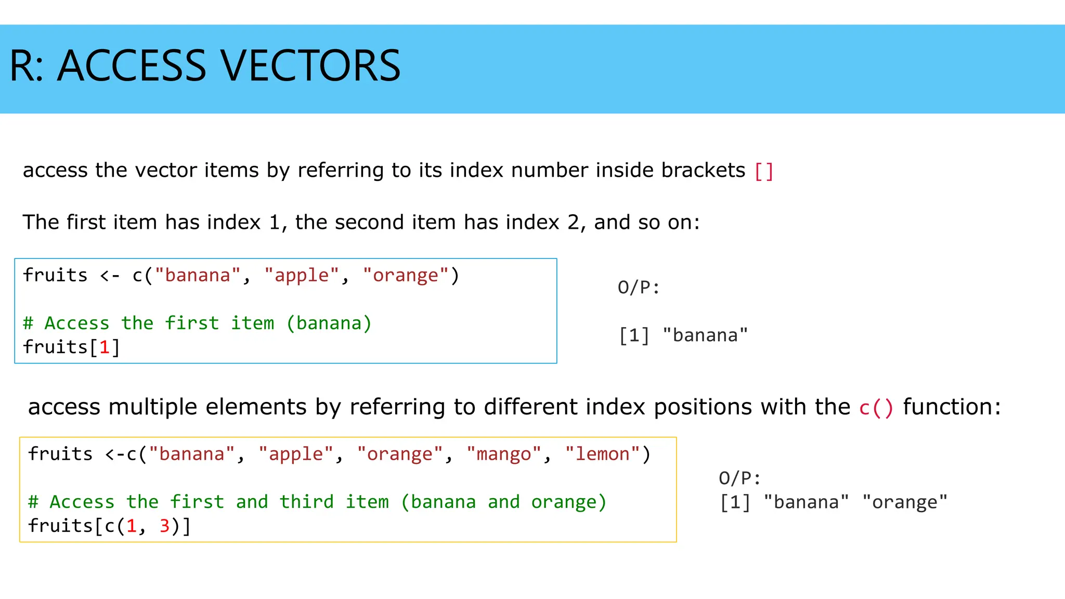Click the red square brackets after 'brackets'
click(x=763, y=171)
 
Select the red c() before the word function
click(x=876, y=407)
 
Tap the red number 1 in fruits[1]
click(x=105, y=347)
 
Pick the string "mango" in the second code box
click(x=504, y=454)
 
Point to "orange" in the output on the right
click(x=905, y=502)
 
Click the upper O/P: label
click(x=639, y=288)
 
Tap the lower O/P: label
click(x=739, y=478)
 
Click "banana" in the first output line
click(x=705, y=335)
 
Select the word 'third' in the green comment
click(x=307, y=502)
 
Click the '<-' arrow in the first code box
click(x=110, y=276)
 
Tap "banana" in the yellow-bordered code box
click(x=192, y=454)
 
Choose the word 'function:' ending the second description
click(x=952, y=407)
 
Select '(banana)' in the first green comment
click(x=329, y=323)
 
